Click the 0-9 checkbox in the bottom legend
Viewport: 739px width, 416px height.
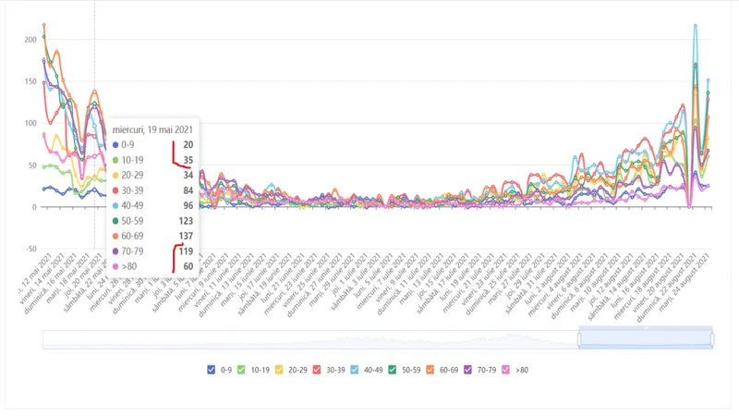click(212, 370)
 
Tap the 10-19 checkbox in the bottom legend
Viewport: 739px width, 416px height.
click(242, 370)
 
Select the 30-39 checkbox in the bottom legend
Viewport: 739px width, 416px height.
click(319, 370)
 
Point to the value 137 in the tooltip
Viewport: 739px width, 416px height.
click(186, 234)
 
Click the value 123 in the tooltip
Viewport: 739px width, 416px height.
click(186, 219)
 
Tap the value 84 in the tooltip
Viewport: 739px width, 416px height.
click(188, 190)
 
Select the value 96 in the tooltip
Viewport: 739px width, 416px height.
click(188, 204)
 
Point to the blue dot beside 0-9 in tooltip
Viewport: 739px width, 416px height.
click(115, 145)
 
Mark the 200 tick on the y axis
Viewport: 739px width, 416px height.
click(30, 40)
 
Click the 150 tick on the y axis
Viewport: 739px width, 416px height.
click(30, 81)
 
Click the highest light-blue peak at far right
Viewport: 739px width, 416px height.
click(695, 26)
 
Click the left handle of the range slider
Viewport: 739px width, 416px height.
click(579, 339)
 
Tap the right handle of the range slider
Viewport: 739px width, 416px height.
click(712, 339)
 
